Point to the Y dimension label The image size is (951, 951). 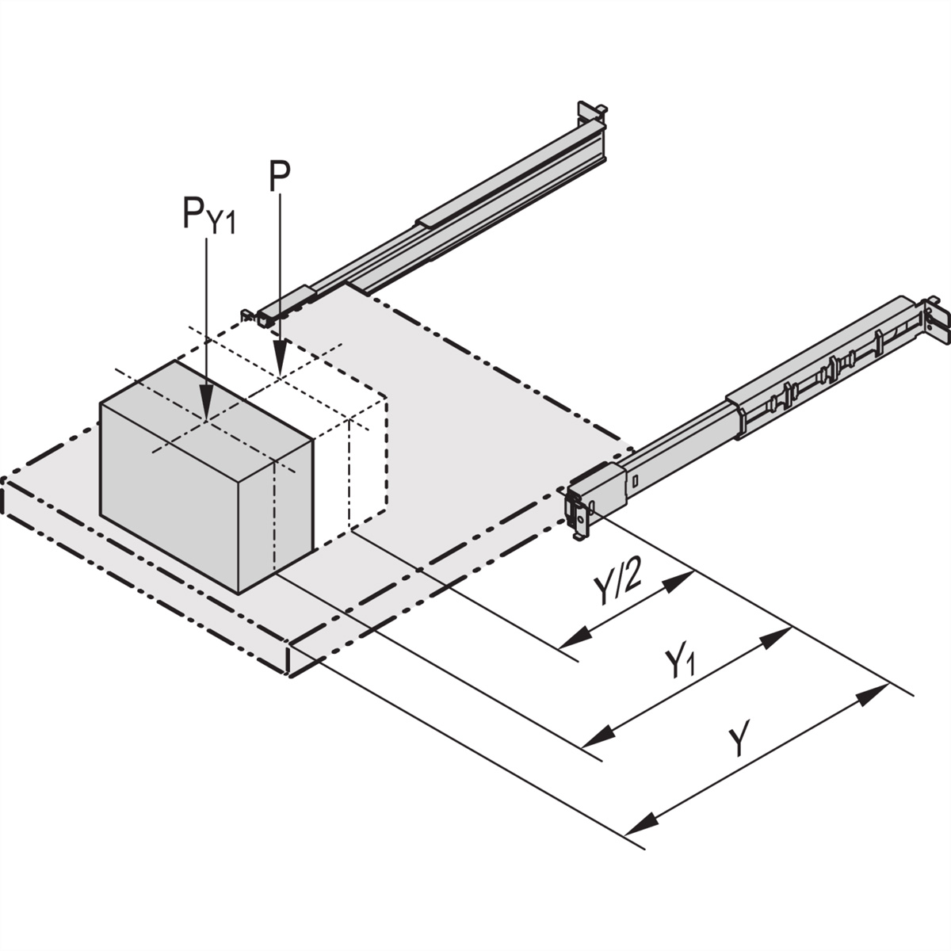point(738,740)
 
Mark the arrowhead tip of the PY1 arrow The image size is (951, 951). point(206,418)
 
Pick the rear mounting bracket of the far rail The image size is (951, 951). point(590,115)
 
